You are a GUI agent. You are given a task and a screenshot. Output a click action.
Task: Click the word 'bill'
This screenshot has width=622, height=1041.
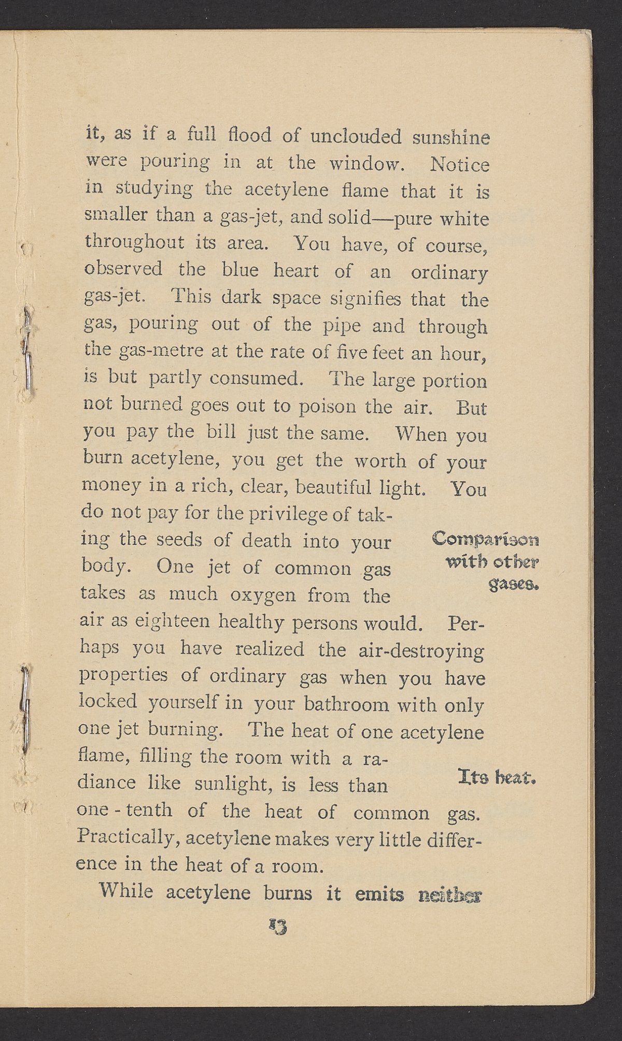(x=222, y=433)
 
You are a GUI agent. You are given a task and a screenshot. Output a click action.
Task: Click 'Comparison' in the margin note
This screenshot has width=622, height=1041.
(x=485, y=540)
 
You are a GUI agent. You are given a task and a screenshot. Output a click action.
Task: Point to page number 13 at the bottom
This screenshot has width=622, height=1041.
(x=278, y=925)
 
